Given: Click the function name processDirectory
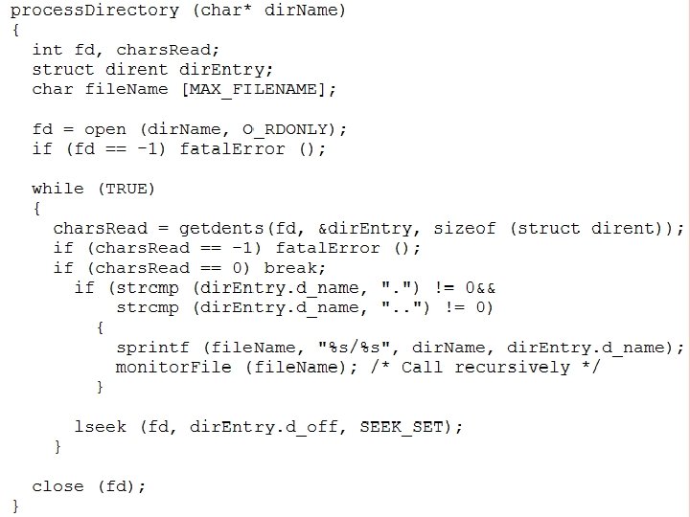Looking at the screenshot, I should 94,11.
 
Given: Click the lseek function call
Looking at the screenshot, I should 100,426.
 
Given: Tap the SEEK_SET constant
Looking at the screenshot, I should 402,426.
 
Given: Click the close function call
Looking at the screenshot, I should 57,485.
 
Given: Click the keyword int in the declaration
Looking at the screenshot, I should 47,50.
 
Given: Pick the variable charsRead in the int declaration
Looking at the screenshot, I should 168,50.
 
